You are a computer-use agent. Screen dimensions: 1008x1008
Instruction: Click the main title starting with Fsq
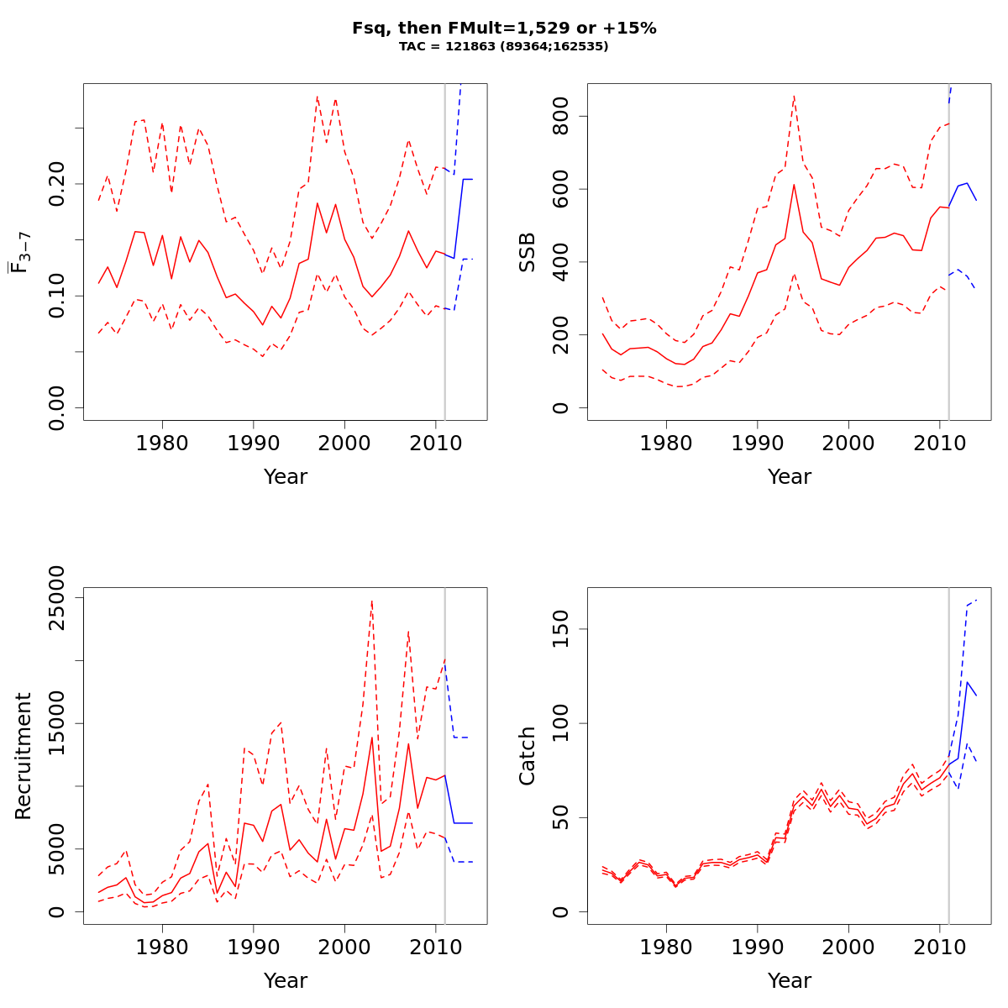click(x=504, y=29)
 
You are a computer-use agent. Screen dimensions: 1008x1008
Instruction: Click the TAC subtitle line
click(x=504, y=47)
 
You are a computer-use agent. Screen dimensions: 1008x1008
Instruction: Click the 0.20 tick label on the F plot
click(x=57, y=183)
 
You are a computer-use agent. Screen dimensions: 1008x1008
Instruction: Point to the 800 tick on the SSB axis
click(x=561, y=116)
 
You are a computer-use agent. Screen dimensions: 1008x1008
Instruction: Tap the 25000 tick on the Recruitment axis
click(x=57, y=597)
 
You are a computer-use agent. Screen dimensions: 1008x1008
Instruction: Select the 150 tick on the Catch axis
click(x=561, y=629)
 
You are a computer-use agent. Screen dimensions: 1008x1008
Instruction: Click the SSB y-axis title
click(x=528, y=252)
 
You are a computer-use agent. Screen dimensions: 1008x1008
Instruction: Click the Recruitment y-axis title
click(x=24, y=756)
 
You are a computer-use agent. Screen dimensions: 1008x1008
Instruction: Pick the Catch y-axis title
click(x=528, y=756)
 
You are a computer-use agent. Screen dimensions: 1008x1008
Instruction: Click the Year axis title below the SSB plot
click(x=790, y=477)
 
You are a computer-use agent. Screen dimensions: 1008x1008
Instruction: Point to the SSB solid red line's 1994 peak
click(x=794, y=185)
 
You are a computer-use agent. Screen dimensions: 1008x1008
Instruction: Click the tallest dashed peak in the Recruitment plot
click(x=371, y=601)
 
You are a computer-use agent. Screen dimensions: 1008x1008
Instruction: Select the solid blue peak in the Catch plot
click(x=968, y=682)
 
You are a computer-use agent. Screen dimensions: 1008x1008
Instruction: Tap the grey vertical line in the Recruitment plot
click(x=444, y=756)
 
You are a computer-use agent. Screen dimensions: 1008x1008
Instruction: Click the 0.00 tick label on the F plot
click(x=57, y=407)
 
